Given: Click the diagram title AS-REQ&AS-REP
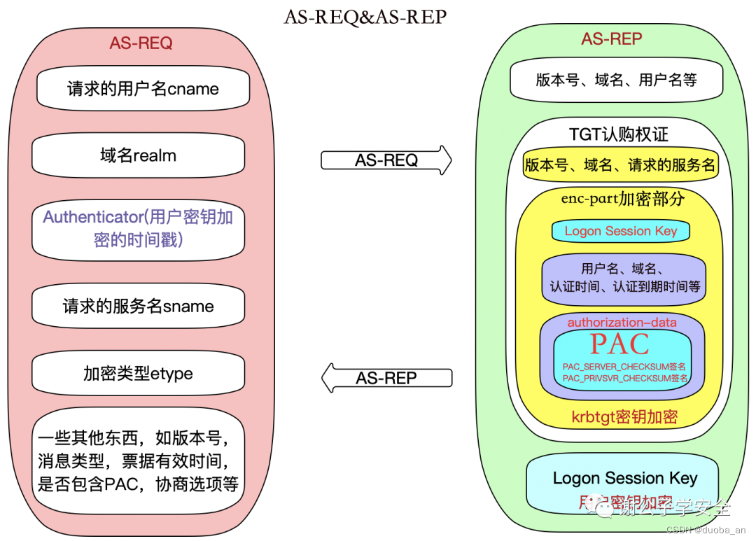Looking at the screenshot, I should pos(365,17).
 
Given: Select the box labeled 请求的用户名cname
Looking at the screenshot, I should pos(143,89).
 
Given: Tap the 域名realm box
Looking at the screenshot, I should pos(138,155).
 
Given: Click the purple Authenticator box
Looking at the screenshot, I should pos(138,229).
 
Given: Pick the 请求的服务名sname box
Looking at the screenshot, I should pos(138,307).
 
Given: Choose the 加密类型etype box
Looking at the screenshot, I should pos(138,374).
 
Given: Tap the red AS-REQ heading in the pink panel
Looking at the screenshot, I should pos(141,43).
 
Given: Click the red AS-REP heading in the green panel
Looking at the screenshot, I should pos(611,38).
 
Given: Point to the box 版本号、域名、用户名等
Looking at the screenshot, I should pos(616,80).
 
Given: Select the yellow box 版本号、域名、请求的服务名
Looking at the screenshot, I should pos(620,165).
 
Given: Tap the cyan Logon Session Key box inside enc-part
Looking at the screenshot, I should pos(620,231).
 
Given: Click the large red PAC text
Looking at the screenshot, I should pos(619,344).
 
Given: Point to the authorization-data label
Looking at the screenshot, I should pos(622,323).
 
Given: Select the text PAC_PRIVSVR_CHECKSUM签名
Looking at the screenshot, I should pos(625,378).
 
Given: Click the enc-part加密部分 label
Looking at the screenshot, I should pos(622,199).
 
